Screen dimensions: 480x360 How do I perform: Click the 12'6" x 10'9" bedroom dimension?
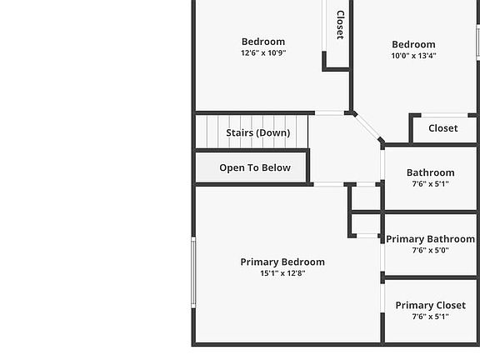pos(263,52)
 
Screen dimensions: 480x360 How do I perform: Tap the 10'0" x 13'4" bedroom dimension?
pos(413,55)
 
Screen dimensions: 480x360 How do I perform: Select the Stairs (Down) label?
pos(258,132)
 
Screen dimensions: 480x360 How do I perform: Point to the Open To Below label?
pos(255,167)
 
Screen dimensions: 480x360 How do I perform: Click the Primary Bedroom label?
pos(282,262)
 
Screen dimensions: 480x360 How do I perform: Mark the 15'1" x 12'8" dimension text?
pos(282,273)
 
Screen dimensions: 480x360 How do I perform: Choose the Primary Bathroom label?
pos(430,239)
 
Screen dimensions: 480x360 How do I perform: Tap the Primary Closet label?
pos(430,305)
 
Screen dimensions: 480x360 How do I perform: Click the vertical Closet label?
pos(340,25)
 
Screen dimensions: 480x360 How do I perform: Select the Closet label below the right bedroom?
pos(443,128)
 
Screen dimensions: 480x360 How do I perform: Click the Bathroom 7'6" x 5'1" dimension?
pos(430,183)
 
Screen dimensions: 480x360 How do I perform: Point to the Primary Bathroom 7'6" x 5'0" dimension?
pos(430,250)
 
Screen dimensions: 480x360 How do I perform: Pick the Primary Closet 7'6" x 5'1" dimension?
pos(430,316)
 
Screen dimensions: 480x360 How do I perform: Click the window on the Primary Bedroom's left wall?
pos(193,272)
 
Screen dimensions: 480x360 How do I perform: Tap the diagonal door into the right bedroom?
pos(367,127)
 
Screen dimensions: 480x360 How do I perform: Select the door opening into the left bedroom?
pos(329,113)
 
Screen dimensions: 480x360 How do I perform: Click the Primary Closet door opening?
pos(382,298)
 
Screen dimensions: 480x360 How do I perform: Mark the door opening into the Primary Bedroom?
pos(328,184)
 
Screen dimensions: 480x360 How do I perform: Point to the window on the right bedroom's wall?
pos(477,42)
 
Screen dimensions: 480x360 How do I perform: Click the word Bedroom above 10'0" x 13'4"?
pos(413,44)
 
